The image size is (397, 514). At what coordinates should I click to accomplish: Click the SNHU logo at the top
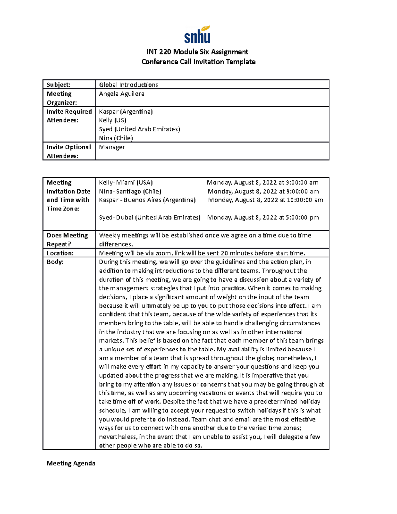(198, 35)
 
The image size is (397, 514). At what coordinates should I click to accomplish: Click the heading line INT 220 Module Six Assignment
(197, 52)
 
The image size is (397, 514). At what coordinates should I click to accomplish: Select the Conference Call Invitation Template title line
(198, 62)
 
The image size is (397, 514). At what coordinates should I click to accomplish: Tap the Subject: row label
(59, 85)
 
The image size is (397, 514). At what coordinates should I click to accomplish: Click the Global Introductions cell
(128, 85)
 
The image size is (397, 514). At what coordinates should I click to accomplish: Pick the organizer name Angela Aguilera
(121, 94)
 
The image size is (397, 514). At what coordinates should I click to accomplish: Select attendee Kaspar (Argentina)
(126, 112)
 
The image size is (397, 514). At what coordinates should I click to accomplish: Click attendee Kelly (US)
(112, 120)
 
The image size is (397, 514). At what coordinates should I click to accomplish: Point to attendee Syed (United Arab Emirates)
(139, 129)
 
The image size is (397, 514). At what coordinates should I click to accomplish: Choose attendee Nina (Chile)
(116, 138)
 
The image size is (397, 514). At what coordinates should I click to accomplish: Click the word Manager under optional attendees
(112, 147)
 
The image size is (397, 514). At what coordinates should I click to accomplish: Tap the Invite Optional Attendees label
(68, 151)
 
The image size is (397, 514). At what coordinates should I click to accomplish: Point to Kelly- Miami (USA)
(126, 182)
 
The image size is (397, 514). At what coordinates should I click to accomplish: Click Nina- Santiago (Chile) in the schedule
(130, 191)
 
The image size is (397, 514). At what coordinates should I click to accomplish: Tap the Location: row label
(60, 253)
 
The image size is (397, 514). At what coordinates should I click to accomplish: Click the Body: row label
(55, 262)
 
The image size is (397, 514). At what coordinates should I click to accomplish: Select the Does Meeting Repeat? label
(67, 240)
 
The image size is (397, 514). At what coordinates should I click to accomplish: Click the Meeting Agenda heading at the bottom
(71, 463)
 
